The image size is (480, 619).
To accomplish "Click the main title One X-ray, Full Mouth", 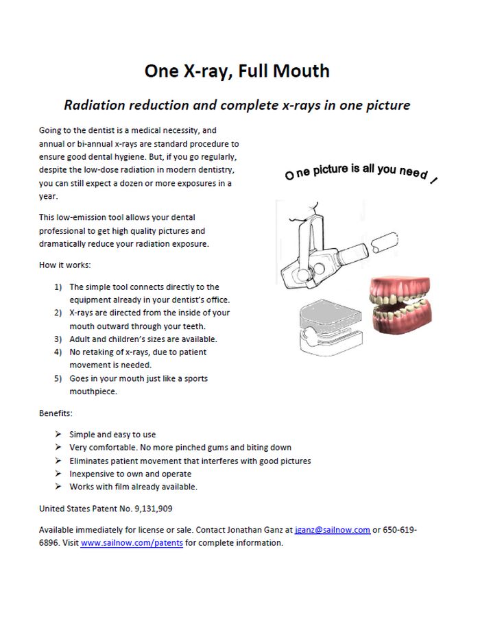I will point(237,71).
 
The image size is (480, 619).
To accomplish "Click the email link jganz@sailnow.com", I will point(333,530).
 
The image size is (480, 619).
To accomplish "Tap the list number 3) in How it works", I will point(58,339).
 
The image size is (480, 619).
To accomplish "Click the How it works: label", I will point(64,265).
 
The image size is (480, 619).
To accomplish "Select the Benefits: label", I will point(56,413).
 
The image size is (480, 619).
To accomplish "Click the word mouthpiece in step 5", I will point(93,391).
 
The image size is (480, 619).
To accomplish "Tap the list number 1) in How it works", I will point(58,287).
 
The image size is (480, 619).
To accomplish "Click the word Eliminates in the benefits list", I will point(91,461).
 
